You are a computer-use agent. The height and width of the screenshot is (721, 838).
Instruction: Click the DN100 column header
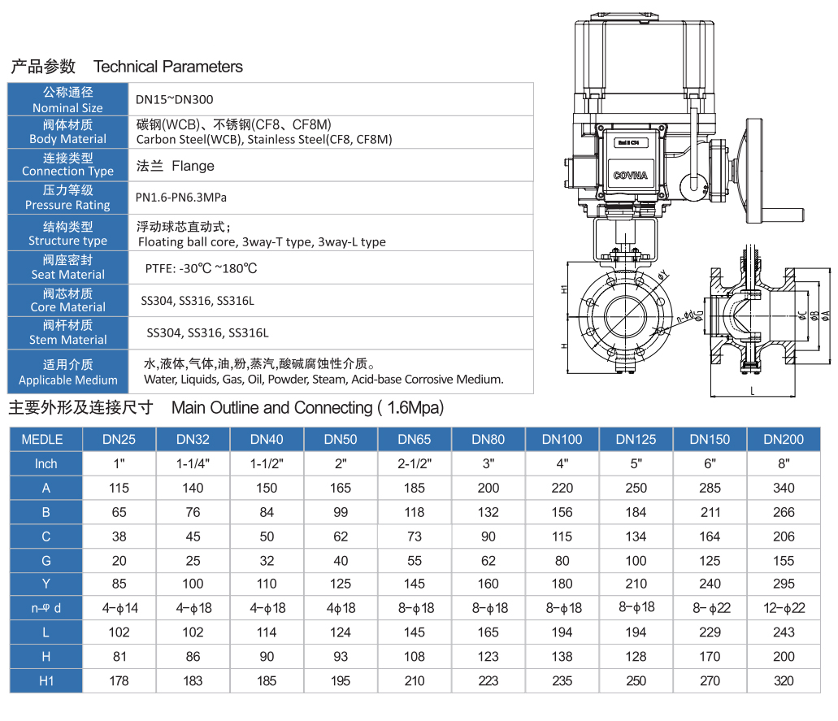click(x=562, y=439)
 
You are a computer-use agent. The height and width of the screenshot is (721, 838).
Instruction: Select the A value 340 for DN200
click(x=784, y=488)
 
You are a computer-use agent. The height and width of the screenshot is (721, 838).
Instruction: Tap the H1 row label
click(x=46, y=681)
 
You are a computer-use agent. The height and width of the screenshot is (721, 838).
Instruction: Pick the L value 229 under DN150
click(x=710, y=632)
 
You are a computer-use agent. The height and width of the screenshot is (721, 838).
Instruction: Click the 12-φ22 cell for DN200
click(x=784, y=608)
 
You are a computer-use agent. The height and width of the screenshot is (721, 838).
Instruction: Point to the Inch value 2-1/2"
click(x=415, y=463)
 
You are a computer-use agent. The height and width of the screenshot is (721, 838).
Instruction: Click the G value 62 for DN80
click(x=488, y=560)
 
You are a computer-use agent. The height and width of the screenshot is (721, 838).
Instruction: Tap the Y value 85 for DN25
click(x=119, y=584)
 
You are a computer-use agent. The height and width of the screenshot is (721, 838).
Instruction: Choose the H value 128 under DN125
click(x=636, y=657)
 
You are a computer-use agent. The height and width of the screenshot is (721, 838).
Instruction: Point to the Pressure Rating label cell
click(x=67, y=198)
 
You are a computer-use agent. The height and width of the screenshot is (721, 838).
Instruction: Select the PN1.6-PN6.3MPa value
click(x=180, y=198)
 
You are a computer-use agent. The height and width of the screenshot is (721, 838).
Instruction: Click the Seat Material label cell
click(x=67, y=267)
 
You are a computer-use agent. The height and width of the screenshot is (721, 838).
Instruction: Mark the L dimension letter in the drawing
click(x=752, y=391)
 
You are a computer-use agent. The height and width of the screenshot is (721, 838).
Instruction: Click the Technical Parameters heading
click(x=168, y=67)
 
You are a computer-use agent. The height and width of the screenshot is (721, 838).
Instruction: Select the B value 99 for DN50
click(x=341, y=512)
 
